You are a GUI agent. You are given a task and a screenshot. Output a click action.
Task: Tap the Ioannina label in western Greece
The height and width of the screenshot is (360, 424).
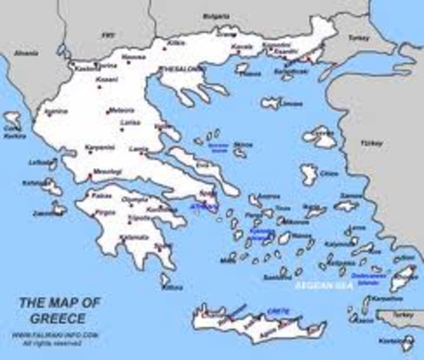click(x=56, y=112)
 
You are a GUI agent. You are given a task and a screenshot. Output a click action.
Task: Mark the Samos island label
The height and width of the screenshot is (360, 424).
click(x=350, y=196)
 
